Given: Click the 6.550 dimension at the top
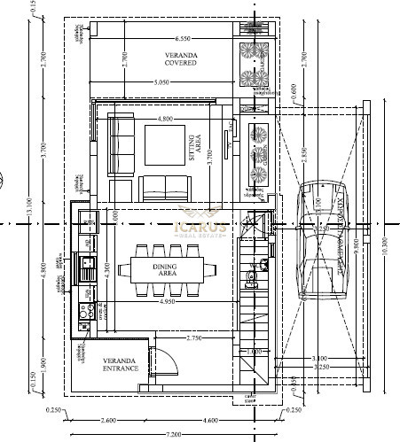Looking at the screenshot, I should (184, 39).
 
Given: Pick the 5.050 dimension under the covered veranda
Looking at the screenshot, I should (161, 81).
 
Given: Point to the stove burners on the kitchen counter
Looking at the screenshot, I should (86, 311).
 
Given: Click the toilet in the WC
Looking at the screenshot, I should (253, 276).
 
